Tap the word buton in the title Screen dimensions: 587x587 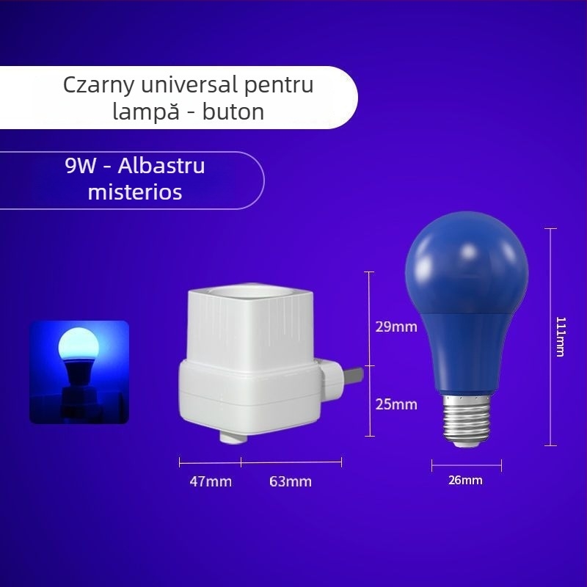[x=237, y=112]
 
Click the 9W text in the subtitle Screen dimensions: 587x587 [x=81, y=166]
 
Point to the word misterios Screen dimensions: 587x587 [x=135, y=192]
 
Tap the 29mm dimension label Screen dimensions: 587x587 [x=396, y=327]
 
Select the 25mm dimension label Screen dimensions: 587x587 [x=396, y=404]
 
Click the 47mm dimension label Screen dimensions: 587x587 [x=211, y=482]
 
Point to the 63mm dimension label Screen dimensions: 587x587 [x=291, y=482]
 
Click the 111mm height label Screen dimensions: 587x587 [x=561, y=337]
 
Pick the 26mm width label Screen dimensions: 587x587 [x=466, y=481]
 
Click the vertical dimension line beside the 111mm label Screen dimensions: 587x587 [x=552, y=337]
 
